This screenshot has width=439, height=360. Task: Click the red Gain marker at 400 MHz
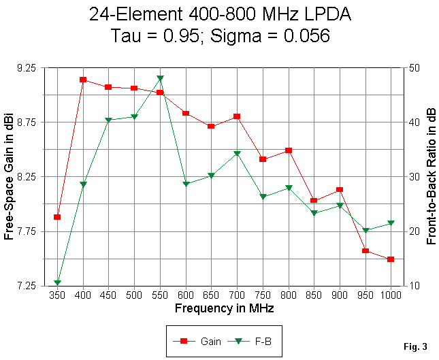coord(83,80)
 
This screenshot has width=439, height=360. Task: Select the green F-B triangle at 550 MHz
coord(160,79)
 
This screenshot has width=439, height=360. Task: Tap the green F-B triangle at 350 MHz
coord(58,282)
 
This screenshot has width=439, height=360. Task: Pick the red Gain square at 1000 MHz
coord(391,259)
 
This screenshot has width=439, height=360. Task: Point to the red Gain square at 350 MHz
coord(58,217)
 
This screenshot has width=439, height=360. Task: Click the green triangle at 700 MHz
coord(237,154)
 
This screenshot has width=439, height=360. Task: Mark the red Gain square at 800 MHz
coord(288,150)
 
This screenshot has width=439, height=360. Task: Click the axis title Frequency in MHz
coord(224,308)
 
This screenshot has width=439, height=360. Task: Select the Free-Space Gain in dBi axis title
coord(10,176)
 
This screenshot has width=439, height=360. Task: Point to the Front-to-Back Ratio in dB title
coord(430,176)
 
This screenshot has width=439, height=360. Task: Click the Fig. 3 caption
coord(415,347)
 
